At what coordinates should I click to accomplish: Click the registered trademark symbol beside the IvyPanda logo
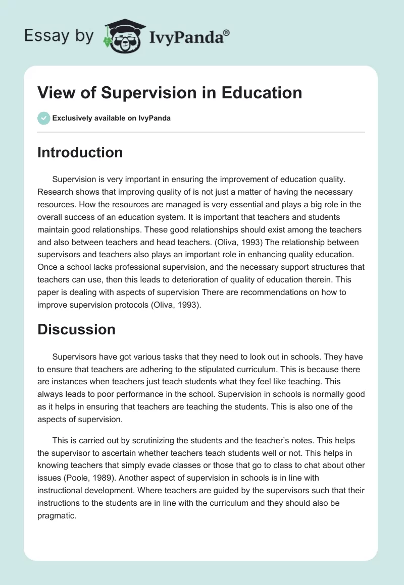[x=227, y=32]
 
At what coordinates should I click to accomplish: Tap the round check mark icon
[x=43, y=118]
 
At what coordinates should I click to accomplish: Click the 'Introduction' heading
[x=80, y=152]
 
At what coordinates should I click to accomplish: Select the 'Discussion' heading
[x=76, y=329]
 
